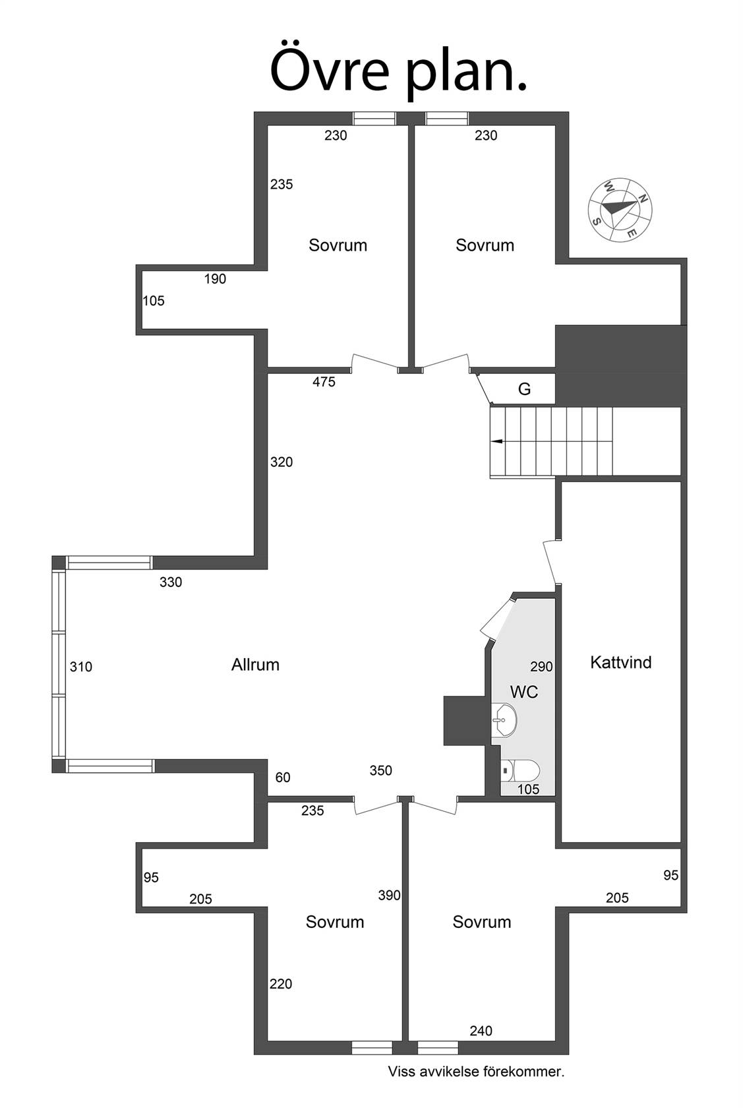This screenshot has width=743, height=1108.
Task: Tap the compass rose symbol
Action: (x=620, y=210)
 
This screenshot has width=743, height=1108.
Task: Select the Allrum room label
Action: (x=255, y=664)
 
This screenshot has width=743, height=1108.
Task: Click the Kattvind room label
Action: (x=620, y=662)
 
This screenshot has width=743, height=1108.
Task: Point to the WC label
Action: (x=524, y=691)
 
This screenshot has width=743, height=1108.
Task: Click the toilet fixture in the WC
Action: (x=520, y=770)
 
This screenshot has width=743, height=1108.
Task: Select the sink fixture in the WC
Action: (x=504, y=720)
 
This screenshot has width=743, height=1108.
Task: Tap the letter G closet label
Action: (x=524, y=389)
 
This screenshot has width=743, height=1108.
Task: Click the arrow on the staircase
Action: (x=496, y=441)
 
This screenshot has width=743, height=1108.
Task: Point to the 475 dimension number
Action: (x=324, y=382)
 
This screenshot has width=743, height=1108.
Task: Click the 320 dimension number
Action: (x=282, y=462)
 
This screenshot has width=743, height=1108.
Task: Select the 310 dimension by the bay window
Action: (x=81, y=667)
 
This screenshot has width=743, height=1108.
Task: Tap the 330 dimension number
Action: (x=171, y=582)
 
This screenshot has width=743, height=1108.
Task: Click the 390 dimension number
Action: (x=389, y=896)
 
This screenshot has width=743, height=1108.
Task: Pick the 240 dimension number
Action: (x=481, y=1031)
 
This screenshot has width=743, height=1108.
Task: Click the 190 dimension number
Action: (x=215, y=279)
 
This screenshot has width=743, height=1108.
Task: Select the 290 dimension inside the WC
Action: (x=541, y=667)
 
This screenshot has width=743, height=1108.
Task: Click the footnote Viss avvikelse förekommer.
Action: (x=476, y=1072)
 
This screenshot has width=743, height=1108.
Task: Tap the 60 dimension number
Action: (x=283, y=778)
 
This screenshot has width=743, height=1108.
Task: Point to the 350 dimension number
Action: (x=380, y=770)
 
